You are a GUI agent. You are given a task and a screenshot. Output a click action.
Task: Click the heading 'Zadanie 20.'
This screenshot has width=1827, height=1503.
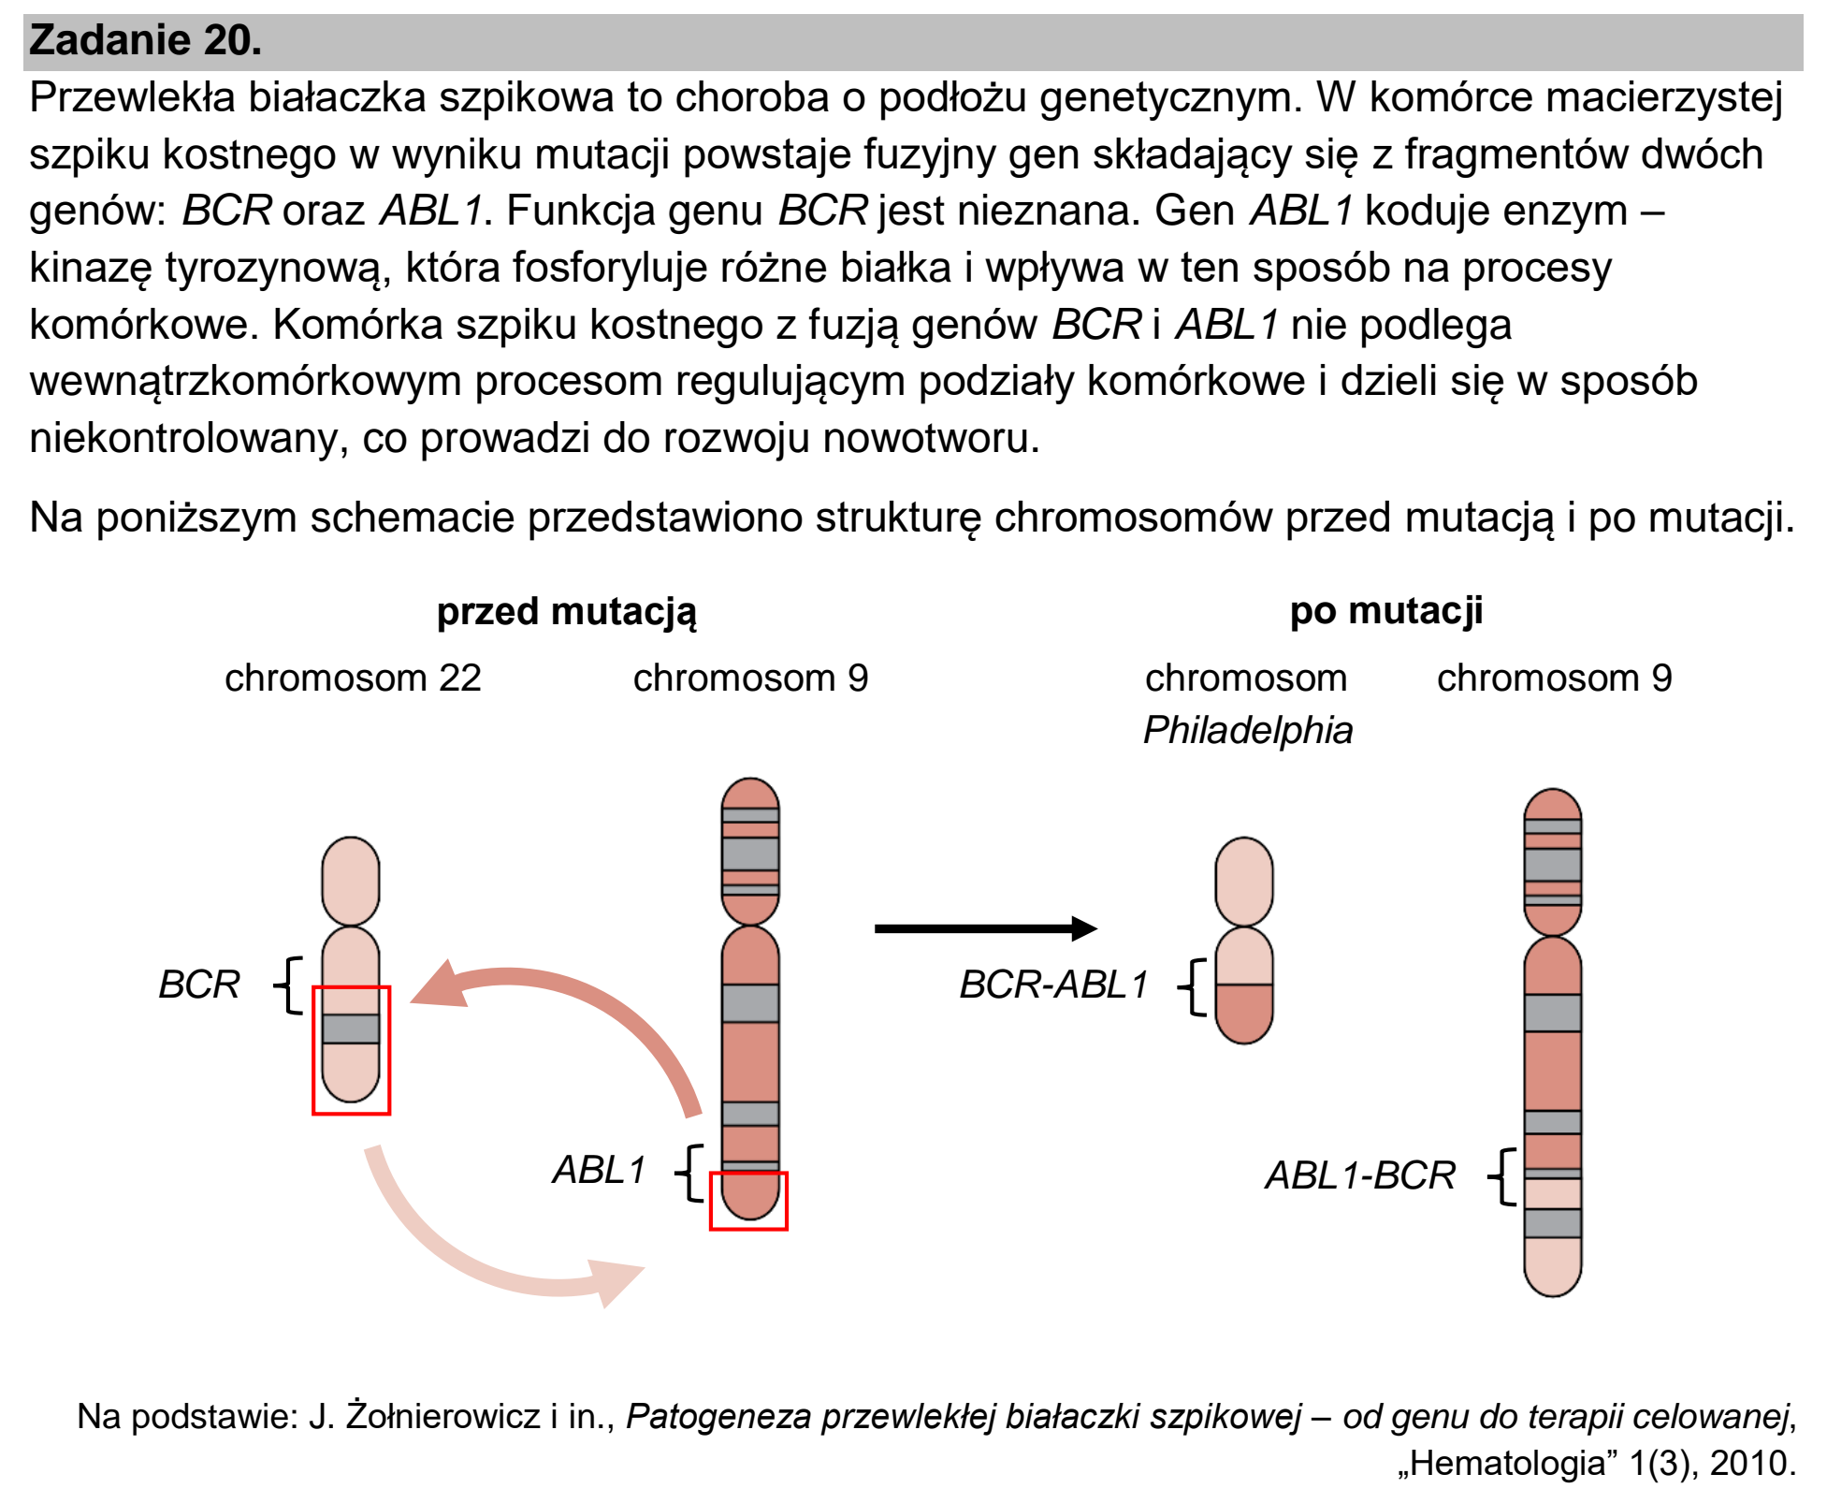tap(145, 40)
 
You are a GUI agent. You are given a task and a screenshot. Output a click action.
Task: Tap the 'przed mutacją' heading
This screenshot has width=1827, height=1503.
tap(567, 613)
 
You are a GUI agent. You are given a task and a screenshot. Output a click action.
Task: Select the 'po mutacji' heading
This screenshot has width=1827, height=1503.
tap(1386, 611)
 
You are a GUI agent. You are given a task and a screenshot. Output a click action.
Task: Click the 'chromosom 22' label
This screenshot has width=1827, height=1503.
tap(353, 678)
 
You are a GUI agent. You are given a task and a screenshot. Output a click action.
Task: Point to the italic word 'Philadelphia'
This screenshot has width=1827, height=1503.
tap(1248, 730)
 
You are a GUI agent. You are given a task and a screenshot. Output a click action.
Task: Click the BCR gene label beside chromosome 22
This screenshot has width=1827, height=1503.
tap(199, 985)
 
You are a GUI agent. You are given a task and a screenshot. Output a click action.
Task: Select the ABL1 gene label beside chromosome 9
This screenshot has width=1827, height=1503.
tap(600, 1170)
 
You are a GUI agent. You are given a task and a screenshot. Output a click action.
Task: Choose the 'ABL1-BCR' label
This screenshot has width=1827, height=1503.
tap(1360, 1175)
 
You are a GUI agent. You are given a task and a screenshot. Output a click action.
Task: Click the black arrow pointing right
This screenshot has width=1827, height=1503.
tap(986, 928)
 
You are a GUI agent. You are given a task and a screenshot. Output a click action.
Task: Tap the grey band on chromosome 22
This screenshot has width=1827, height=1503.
tap(351, 1029)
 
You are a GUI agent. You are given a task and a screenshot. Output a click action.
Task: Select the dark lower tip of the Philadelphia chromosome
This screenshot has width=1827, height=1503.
tap(1244, 1014)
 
